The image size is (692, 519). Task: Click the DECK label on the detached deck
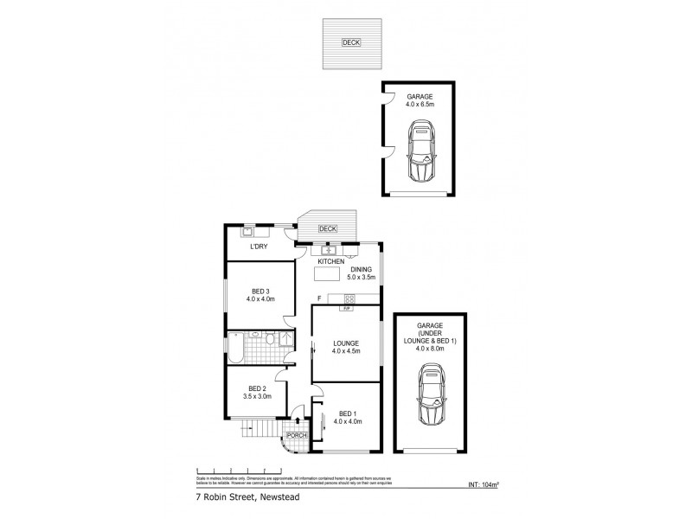pos(350,42)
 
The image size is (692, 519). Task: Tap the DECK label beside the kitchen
pos(327,229)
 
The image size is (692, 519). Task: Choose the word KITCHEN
pos(331,261)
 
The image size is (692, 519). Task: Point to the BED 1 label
pos(346,412)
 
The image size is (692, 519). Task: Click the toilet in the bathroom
pos(270,340)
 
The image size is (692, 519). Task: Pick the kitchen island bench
pos(327,275)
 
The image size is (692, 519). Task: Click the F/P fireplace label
pos(346,309)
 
